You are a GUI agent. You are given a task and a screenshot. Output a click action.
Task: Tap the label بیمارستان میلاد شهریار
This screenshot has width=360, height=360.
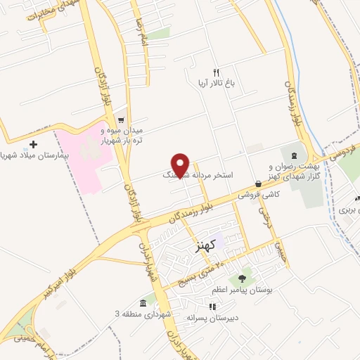point(28,155)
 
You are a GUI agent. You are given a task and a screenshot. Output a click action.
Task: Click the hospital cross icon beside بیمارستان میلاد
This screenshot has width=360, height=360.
point(34,144)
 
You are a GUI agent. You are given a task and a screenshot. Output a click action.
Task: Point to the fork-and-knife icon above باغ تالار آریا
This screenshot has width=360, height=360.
point(216,72)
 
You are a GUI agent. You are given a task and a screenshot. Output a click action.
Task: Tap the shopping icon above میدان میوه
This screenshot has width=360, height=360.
point(122,120)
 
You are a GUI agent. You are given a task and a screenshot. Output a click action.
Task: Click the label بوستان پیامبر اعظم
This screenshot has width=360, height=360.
point(245,288)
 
